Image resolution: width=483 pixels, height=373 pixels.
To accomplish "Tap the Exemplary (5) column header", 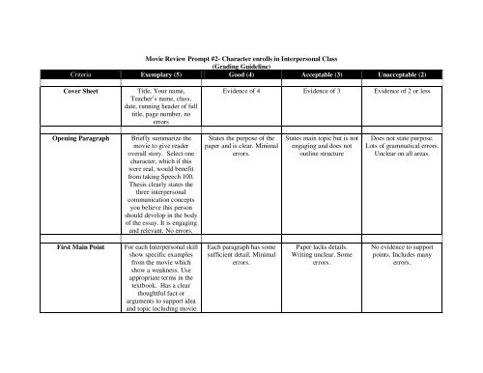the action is [x=157, y=75].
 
